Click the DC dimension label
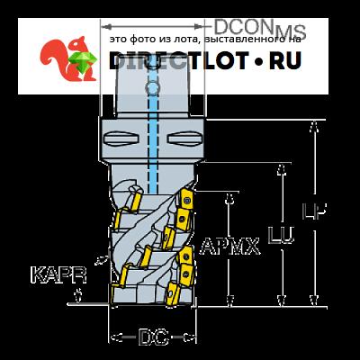click(x=153, y=337)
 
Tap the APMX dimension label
click(x=229, y=247)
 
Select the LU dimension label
click(x=281, y=236)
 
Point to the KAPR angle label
click(x=59, y=275)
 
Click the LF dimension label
click(x=314, y=211)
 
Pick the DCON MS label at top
click(x=260, y=29)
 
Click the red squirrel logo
click(x=68, y=58)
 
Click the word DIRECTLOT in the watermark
click(x=179, y=60)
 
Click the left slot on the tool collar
click(x=121, y=139)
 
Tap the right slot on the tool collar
click(x=184, y=139)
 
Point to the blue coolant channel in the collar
click(x=153, y=141)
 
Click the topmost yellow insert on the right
click(x=186, y=199)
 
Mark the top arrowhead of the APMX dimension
click(x=229, y=199)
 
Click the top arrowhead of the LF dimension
click(x=314, y=126)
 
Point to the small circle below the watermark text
click(x=152, y=88)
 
